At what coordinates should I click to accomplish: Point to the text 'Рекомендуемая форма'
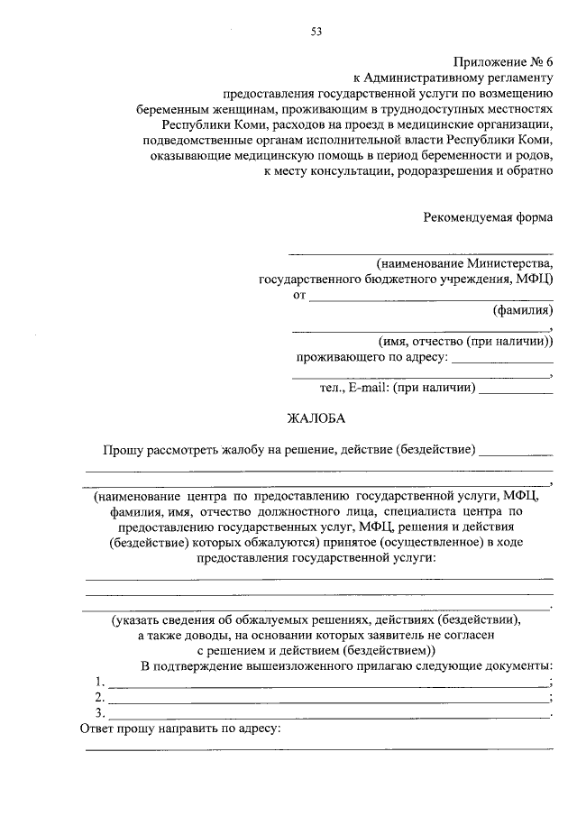(x=489, y=217)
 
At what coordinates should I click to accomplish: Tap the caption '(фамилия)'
(x=522, y=311)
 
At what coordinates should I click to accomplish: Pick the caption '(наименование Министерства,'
(x=465, y=263)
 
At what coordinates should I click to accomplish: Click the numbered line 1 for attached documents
(x=326, y=683)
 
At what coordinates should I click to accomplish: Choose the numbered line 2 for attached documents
(x=326, y=700)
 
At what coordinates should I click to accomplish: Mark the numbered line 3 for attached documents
(x=326, y=715)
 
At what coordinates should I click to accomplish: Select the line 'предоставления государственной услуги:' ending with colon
(x=319, y=558)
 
